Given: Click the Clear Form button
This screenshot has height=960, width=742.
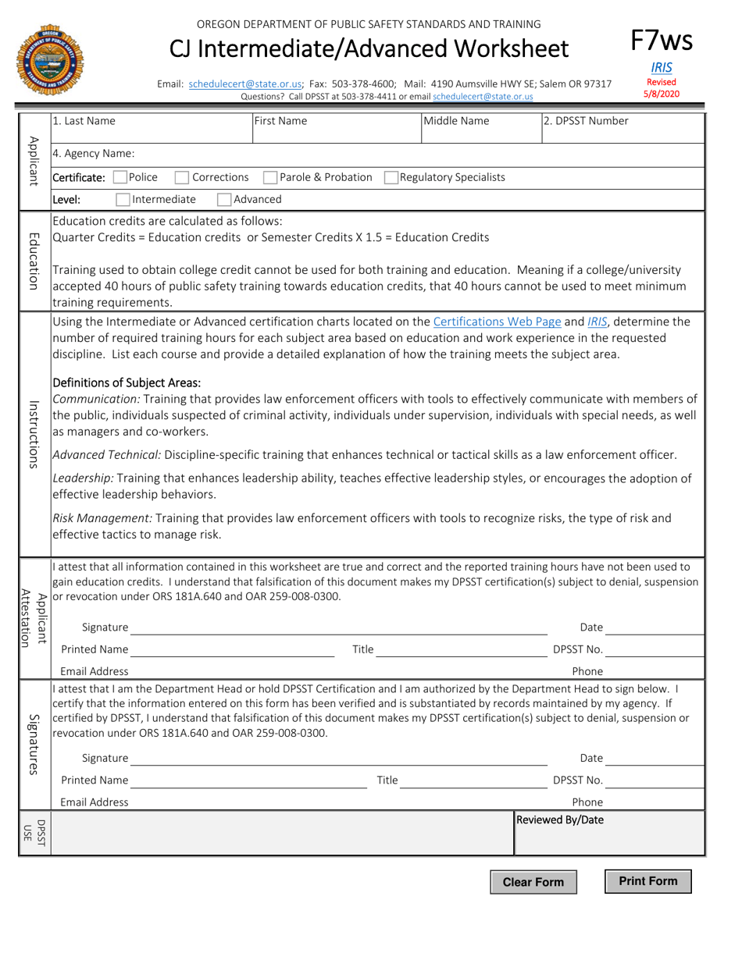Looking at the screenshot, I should (533, 882).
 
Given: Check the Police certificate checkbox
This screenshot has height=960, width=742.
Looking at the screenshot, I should (120, 177).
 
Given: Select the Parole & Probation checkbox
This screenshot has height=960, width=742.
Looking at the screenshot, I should (270, 177).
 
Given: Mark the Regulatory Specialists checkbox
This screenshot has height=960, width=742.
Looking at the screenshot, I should (391, 177).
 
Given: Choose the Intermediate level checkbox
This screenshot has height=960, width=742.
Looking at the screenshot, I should (123, 199).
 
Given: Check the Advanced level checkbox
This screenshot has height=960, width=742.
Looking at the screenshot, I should (223, 199).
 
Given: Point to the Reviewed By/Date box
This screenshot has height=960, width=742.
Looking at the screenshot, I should (608, 834).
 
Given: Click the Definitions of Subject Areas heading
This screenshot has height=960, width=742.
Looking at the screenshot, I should (125, 382).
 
